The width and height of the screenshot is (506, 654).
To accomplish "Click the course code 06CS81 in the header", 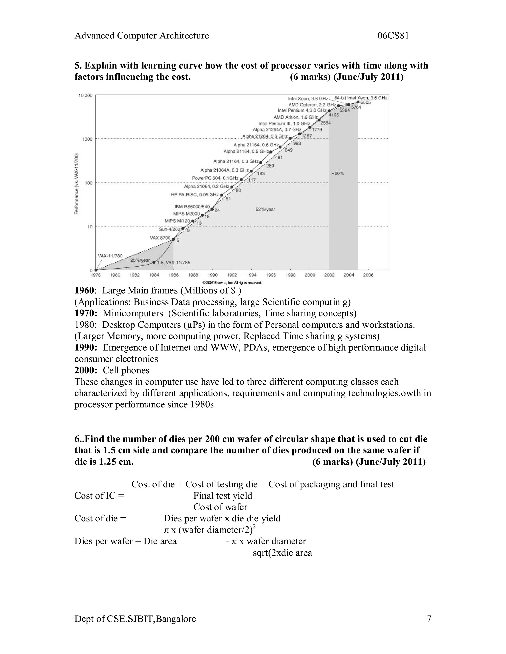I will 393,36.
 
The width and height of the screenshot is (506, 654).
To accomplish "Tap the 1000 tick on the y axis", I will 87,139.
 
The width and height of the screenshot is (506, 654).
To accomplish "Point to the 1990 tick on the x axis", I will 212,275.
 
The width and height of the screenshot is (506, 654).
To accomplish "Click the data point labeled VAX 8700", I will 173,239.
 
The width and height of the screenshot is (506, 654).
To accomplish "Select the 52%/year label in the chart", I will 265,209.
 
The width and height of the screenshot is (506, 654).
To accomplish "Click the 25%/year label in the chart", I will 140,260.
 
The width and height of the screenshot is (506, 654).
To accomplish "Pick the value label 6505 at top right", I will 365,102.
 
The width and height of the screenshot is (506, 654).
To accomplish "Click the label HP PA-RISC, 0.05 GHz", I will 194,195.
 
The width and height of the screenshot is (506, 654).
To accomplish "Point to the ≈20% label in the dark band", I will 337,173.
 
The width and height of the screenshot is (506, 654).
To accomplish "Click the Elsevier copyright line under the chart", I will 232,282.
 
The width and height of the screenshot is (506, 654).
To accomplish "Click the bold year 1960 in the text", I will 84,290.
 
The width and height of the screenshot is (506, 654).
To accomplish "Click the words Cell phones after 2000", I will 126,370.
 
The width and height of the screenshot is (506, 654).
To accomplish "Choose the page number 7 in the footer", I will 429,619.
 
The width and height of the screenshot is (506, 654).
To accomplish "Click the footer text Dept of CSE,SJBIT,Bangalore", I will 135,619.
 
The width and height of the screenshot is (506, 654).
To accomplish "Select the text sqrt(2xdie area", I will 282,553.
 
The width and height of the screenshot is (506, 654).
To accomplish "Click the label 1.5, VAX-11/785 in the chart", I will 173,263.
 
